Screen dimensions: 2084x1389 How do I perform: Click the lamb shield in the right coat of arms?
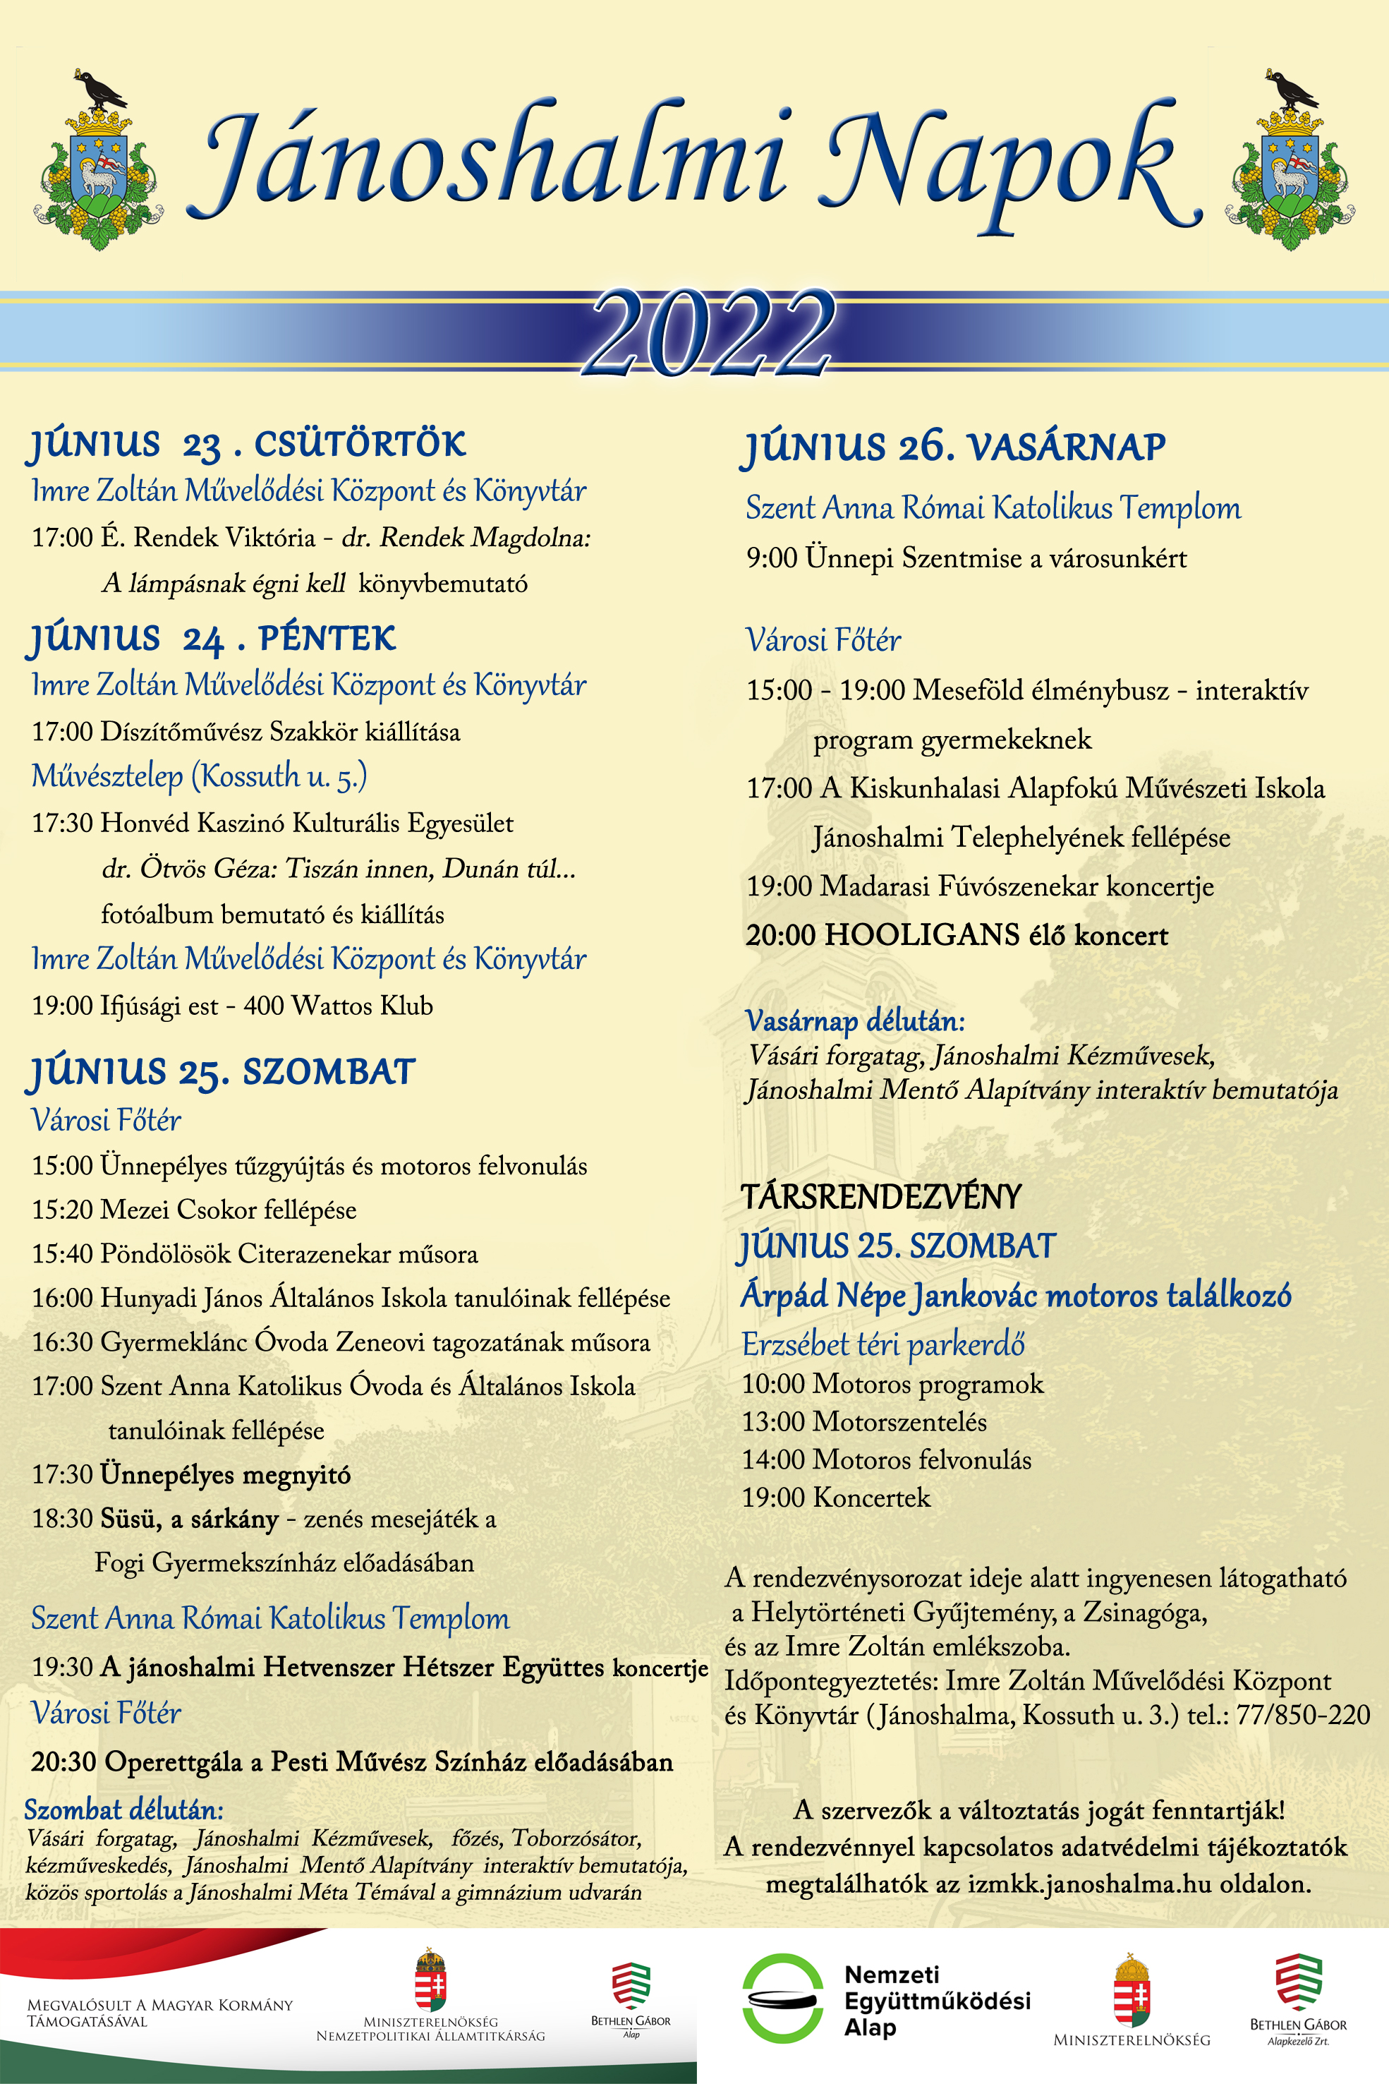(x=1290, y=169)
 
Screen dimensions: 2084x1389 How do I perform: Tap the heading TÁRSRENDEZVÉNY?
(x=881, y=1197)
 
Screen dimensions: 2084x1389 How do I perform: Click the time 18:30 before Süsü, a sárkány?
(x=62, y=1519)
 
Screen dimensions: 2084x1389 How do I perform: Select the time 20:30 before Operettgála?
(x=63, y=1761)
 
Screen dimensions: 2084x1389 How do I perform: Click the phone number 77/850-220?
(x=1303, y=1714)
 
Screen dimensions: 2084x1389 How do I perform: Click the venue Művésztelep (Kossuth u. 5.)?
(x=200, y=776)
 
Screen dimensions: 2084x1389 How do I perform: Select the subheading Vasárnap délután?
(x=855, y=1020)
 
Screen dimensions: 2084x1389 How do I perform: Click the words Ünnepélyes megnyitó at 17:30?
(x=225, y=1474)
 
